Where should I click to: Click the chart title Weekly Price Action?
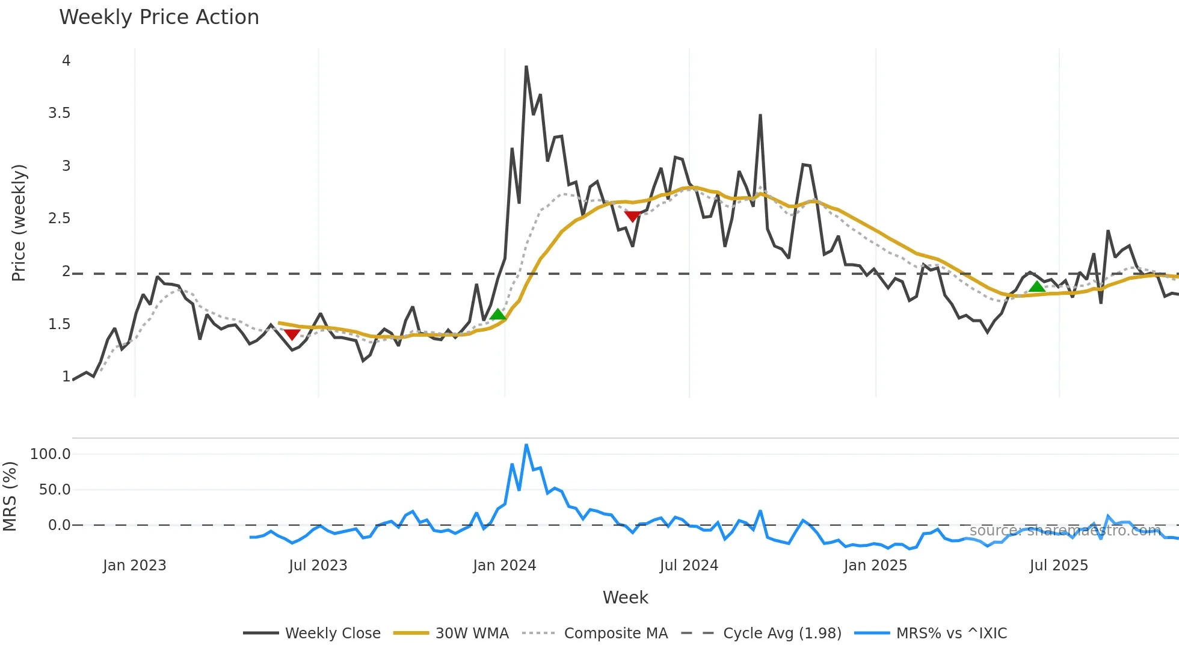(x=159, y=17)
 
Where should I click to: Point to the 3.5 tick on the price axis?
(x=59, y=113)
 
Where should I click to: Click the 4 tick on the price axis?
(x=66, y=61)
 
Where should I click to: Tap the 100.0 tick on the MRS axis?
(x=50, y=454)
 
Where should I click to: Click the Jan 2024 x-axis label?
(x=504, y=566)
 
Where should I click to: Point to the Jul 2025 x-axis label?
(x=1059, y=566)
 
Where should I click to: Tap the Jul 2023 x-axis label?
(x=318, y=566)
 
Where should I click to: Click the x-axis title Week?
(x=625, y=597)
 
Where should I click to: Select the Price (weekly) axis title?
(x=19, y=223)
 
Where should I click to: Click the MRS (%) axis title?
(x=10, y=496)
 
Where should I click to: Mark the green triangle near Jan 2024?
(x=497, y=314)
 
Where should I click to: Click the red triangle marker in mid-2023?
(x=292, y=335)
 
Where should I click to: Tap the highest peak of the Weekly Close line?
(x=526, y=67)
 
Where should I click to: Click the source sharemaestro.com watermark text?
(x=1065, y=530)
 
